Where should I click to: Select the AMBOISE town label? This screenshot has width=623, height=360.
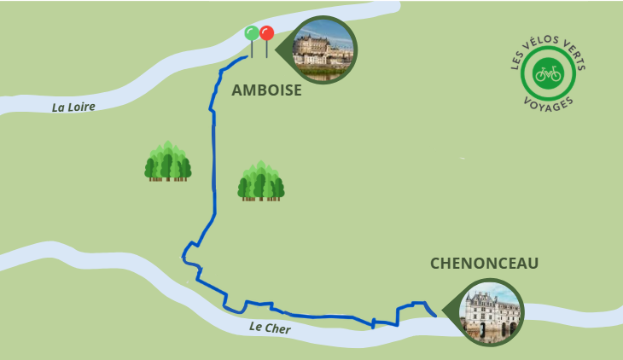point(266,90)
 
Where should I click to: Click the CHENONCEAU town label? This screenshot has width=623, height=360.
point(485,264)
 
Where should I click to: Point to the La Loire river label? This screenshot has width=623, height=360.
point(73,107)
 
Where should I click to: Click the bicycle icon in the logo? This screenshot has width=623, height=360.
point(548,73)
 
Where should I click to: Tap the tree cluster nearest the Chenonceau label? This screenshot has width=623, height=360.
point(260,181)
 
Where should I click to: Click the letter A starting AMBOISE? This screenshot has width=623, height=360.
point(237,90)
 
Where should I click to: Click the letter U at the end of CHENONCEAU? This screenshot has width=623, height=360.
point(533,264)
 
